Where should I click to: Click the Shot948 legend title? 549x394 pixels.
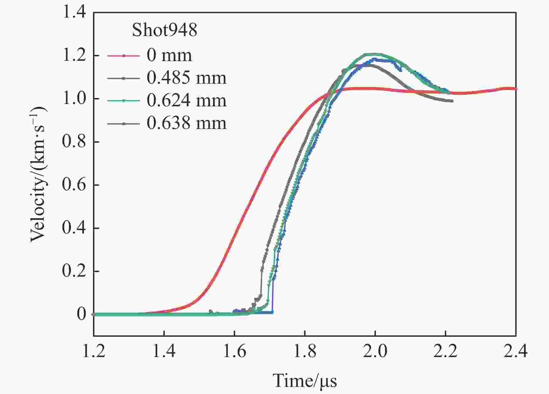click(x=164, y=30)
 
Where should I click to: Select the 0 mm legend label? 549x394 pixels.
click(x=169, y=55)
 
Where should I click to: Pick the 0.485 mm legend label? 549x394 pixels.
click(x=186, y=78)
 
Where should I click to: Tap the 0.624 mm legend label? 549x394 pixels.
click(x=186, y=101)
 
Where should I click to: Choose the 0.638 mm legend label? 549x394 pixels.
click(x=186, y=123)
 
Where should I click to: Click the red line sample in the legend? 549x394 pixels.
click(x=123, y=56)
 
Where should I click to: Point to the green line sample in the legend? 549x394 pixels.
click(x=123, y=101)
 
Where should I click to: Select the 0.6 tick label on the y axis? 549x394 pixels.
click(x=74, y=185)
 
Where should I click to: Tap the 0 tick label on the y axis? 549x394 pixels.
click(x=81, y=314)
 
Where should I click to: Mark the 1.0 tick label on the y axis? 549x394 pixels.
click(x=74, y=99)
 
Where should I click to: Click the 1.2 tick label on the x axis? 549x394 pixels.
click(x=94, y=351)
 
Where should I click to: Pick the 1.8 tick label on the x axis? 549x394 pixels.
click(x=305, y=351)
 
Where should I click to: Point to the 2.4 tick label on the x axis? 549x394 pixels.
click(x=516, y=351)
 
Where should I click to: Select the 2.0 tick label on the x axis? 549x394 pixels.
click(x=375, y=351)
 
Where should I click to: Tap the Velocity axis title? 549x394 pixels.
click(x=39, y=174)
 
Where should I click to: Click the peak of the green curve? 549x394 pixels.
click(x=372, y=54)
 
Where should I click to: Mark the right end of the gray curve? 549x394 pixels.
click(x=452, y=101)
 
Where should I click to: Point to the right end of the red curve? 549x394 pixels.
click(x=516, y=89)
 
